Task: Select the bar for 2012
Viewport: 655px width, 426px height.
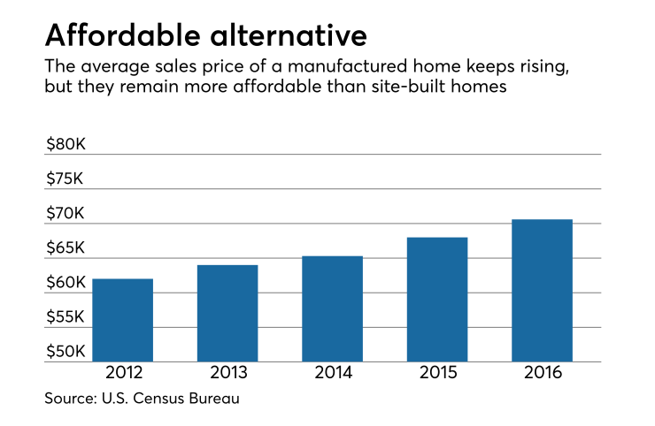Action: pos(122,320)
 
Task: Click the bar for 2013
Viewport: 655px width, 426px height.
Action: pos(227,313)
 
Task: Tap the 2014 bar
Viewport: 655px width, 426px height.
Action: pos(332,308)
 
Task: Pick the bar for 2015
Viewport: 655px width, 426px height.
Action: pos(436,299)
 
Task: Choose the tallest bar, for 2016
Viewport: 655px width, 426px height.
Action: pos(542,290)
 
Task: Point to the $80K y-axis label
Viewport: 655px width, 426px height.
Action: pos(66,144)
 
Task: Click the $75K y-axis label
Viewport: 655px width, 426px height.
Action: pos(66,179)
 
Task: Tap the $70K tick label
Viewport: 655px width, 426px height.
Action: pos(66,213)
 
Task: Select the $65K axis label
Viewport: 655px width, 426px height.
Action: pos(66,248)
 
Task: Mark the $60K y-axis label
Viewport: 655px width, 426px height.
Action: pos(66,283)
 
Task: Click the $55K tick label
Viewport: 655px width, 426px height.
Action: pos(66,317)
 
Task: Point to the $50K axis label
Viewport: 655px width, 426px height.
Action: pos(66,352)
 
